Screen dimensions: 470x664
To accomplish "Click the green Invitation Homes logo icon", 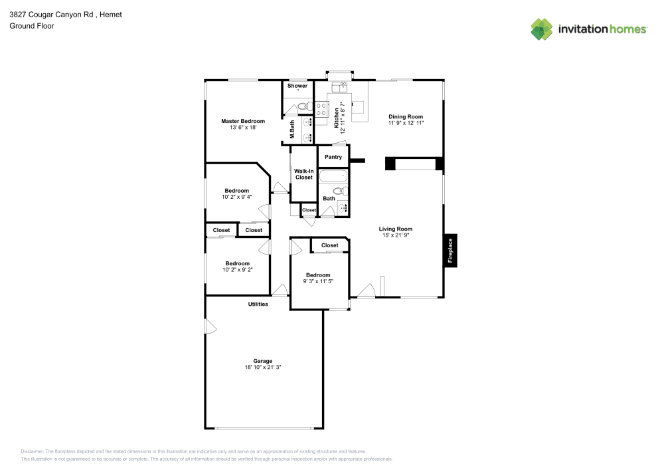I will coord(541,29).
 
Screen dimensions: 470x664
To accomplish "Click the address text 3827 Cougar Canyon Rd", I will coord(46,14).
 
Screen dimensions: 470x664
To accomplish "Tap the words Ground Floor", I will coord(32,26).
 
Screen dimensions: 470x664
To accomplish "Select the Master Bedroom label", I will coord(242,121).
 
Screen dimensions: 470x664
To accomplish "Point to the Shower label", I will coord(297,86).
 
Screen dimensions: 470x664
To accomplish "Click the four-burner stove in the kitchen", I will coord(321,109).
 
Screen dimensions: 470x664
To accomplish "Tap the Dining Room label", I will coord(406,117).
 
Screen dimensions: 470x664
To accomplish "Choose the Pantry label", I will coord(333,157).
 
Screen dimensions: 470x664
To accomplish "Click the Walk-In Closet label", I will coord(303,174).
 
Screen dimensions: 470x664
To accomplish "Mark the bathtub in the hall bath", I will coord(333,177).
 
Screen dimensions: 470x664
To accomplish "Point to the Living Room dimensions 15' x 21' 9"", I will coord(396,235).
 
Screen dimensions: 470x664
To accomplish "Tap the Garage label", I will coord(262,361).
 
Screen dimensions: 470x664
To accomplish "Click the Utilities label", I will coord(258,304).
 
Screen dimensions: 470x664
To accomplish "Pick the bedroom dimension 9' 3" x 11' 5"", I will coord(318,281).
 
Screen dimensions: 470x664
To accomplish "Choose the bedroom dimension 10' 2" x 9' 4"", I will coord(236,196).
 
